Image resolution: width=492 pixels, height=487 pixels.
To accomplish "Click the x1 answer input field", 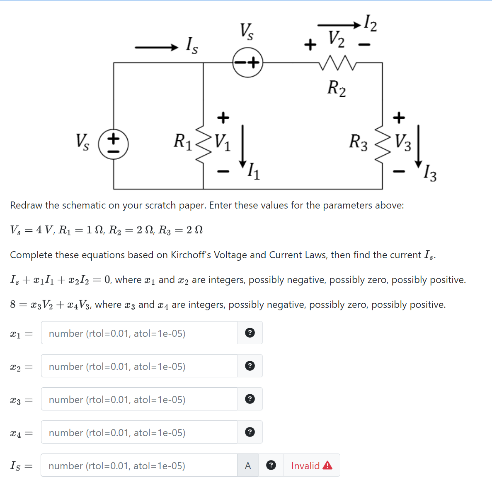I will pos(139,333).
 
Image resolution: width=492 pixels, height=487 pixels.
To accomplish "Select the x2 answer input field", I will pos(139,366).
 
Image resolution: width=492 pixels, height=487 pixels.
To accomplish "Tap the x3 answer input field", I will pos(139,399).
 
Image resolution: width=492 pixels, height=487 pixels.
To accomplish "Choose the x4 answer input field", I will pos(139,432).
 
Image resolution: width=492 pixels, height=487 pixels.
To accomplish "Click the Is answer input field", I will pos(139,465).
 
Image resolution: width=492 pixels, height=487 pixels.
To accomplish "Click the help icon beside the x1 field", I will pos(250,333).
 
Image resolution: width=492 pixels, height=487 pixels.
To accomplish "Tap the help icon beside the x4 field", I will pos(250,432).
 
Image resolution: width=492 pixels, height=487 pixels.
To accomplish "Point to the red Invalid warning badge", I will pos(312,465).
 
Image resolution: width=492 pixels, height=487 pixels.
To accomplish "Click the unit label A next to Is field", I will pos(248,465).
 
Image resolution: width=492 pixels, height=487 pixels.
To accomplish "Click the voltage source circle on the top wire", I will pos(248,63).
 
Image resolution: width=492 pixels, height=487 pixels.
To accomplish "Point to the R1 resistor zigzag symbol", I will pos(203,144).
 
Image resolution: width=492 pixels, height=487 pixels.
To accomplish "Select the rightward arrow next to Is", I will pos(156,48).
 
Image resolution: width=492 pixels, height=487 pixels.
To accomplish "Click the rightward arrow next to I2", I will pos(339,25).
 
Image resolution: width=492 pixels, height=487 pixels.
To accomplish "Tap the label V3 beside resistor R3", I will pos(403,143).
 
